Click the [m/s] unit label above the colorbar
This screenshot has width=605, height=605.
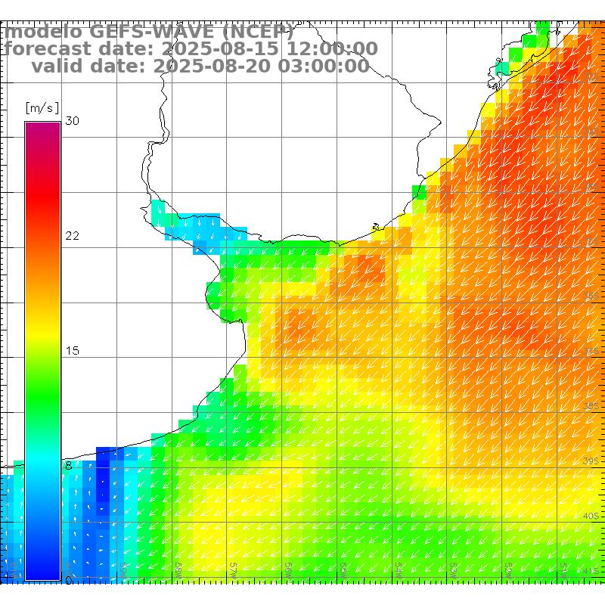point(42,107)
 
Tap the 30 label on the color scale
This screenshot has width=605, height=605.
point(72,121)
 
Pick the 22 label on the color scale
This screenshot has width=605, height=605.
point(72,236)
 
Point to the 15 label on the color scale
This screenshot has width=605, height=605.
point(72,351)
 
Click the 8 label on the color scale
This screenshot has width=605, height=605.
point(69,466)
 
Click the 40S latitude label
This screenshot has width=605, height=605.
point(591,516)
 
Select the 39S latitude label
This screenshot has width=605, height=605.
point(591,461)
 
